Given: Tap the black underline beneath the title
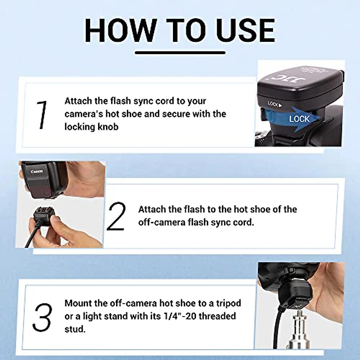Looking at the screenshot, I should [180, 53].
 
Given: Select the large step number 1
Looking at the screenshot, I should [42, 115].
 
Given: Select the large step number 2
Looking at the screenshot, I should [116, 216].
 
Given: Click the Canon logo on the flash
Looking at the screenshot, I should [37, 172].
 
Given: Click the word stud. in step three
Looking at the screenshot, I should [75, 329].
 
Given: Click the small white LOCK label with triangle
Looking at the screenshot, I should [275, 104].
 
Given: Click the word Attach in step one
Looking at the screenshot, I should [78, 101].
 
